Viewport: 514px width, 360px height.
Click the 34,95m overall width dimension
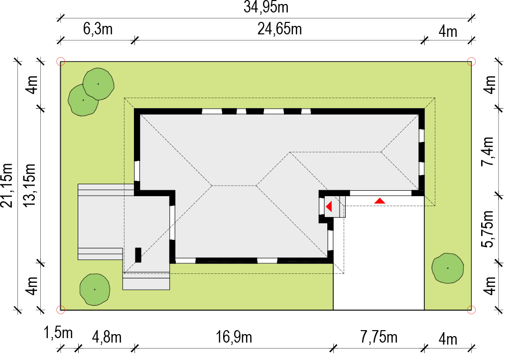pos(266,7)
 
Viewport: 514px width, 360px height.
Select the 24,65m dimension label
pos(279,29)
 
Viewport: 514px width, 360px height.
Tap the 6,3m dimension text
pos(98,29)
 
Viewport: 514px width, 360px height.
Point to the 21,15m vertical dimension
pos(6,185)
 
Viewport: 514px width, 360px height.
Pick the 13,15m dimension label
pos(29,185)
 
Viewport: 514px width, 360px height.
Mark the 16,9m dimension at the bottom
pos(234,337)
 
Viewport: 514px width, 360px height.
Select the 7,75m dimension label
pos(379,337)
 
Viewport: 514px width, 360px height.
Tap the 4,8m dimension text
pos(107,337)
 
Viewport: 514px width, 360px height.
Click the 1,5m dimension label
pos(58,333)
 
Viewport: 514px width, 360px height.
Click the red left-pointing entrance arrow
pos(329,206)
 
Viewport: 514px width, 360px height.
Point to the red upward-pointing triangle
pos(380,201)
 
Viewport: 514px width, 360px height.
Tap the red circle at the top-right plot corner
pos(471,61)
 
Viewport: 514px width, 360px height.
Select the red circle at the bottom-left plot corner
pos(61,310)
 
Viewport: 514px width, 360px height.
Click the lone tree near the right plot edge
pos(448,268)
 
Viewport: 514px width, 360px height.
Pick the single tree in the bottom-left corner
pos(95,290)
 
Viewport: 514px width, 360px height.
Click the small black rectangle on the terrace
pos(138,255)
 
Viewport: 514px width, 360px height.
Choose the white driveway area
pos(379,259)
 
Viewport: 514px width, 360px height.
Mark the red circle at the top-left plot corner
pos(61,61)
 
